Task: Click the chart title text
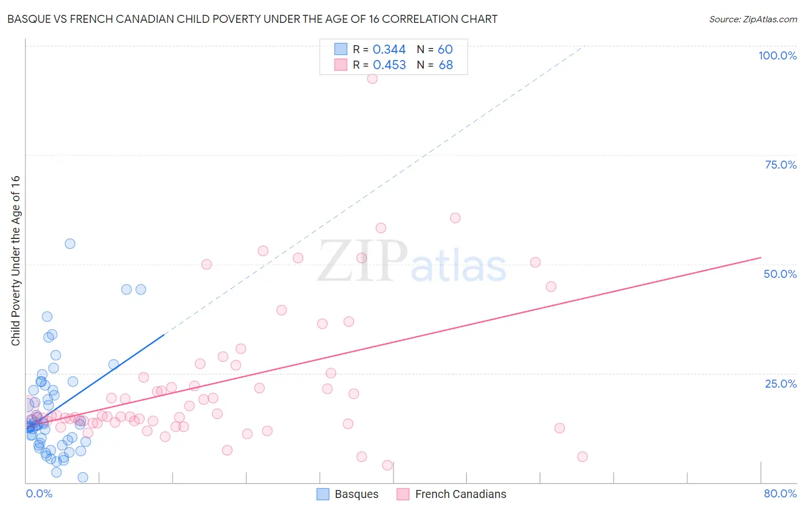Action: click(x=252, y=19)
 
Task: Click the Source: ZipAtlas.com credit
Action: click(x=753, y=19)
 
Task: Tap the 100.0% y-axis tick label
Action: click(x=777, y=55)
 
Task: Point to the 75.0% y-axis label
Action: click(x=781, y=165)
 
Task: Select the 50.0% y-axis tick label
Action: click(x=780, y=274)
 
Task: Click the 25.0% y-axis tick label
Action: click(x=781, y=384)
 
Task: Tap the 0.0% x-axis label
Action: click(x=39, y=493)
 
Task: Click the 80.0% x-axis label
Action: click(x=780, y=493)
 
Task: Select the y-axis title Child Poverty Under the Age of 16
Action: click(x=16, y=260)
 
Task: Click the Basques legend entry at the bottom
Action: click(x=348, y=494)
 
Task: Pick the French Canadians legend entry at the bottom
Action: click(x=452, y=494)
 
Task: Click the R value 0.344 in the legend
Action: click(x=389, y=50)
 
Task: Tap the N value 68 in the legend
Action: click(x=445, y=65)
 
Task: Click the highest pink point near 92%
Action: click(x=372, y=79)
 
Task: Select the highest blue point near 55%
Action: click(x=70, y=244)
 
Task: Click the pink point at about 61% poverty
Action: click(x=455, y=218)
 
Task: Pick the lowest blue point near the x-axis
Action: click(x=83, y=477)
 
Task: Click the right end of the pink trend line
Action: click(x=761, y=258)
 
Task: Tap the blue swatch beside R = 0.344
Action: click(x=341, y=49)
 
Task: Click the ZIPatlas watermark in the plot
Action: click(x=412, y=262)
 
